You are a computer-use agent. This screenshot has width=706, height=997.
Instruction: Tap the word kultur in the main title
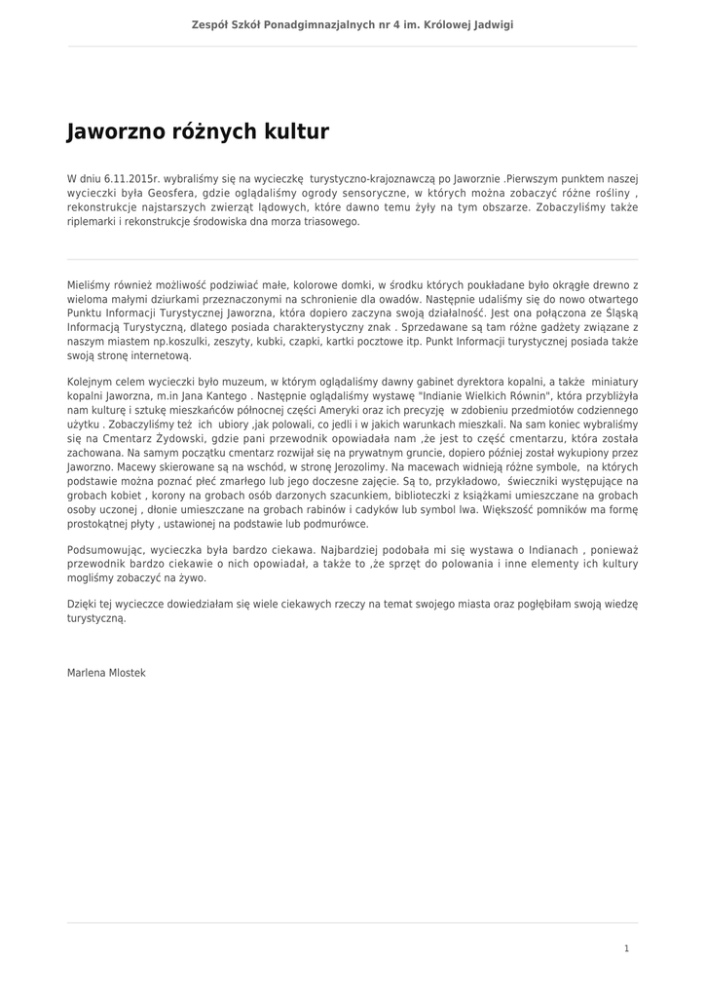click(x=295, y=131)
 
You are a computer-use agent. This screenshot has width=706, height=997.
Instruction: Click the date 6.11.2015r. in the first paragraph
click(x=134, y=179)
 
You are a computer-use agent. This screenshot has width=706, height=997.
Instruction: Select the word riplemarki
click(x=93, y=221)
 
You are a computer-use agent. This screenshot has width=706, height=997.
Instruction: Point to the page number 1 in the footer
click(x=627, y=948)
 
